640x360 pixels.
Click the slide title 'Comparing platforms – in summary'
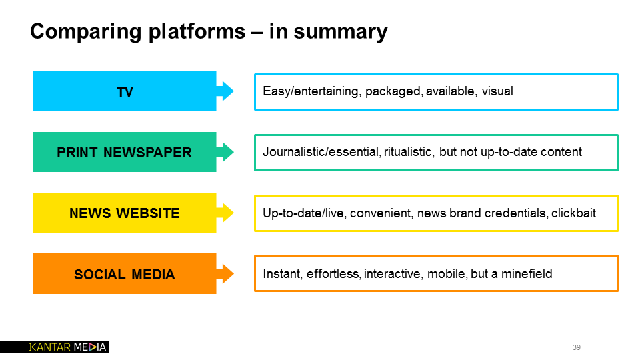208,31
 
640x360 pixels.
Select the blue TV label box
124,91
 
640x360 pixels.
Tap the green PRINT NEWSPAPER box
124,152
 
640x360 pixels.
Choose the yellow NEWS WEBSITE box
124,213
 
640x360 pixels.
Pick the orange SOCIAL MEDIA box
124,274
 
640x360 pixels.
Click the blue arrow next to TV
226,91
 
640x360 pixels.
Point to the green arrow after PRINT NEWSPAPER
226,152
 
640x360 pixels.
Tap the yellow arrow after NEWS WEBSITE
226,213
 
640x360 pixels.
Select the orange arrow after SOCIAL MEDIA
226,274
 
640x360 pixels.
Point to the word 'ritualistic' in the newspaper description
409,152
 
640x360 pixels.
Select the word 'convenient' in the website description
380,213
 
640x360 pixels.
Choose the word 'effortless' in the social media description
333,274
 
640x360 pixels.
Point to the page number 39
576,347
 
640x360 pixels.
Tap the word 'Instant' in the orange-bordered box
281,274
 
